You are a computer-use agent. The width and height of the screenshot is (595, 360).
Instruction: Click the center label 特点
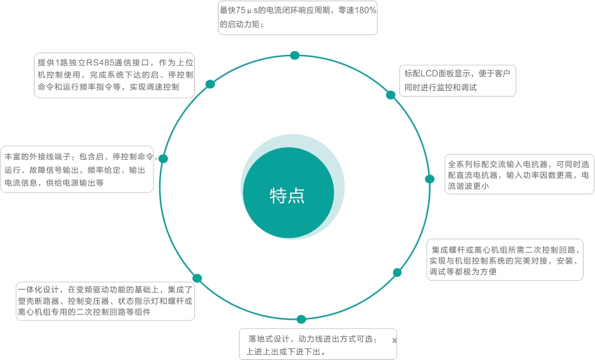tap(287, 196)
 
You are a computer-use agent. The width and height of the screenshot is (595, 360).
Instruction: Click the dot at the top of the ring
tap(295, 56)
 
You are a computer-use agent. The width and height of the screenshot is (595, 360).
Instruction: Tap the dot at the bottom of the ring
tap(301, 319)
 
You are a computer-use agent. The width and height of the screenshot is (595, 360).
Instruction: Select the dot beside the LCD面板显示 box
tap(391, 95)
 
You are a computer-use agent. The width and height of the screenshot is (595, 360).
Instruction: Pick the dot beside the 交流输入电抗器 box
tap(429, 179)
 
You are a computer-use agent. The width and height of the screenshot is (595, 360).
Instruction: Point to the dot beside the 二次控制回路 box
tap(398, 272)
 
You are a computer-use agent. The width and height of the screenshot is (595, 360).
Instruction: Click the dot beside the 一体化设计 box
tap(197, 278)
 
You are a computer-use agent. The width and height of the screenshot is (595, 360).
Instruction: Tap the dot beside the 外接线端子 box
tap(163, 159)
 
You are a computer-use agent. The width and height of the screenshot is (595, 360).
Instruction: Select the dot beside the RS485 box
tap(210, 84)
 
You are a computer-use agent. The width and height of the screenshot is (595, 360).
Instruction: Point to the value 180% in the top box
tap(365, 10)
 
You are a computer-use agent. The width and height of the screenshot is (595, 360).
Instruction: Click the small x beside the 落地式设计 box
tap(394, 340)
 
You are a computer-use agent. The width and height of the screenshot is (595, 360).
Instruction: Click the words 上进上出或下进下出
tap(284, 352)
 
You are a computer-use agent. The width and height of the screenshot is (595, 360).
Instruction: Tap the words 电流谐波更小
tap(468, 186)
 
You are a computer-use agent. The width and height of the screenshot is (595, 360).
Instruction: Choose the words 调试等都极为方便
tap(463, 272)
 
